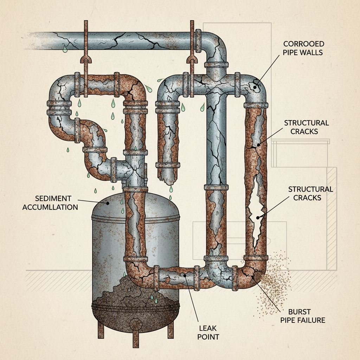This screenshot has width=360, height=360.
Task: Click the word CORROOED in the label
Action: point(304,44)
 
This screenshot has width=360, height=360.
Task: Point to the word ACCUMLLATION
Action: point(50,207)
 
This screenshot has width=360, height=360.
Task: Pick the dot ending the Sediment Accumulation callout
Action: point(109,203)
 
